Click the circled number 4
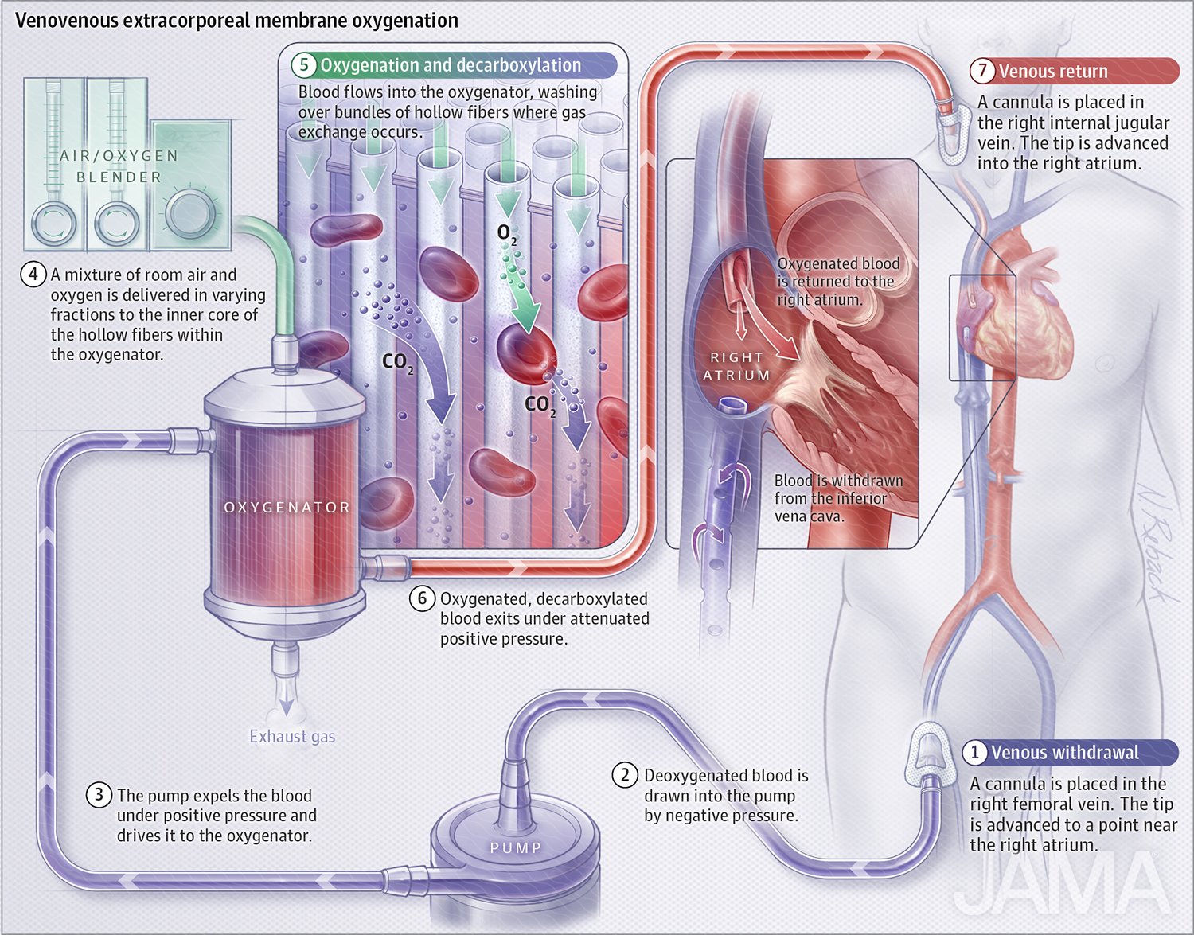pos(33,275)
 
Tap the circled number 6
pos(422,598)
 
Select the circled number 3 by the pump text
pos(98,795)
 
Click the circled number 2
pos(625,775)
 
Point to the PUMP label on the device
pos(515,848)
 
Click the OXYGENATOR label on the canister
pos(287,508)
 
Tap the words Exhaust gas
pos(292,737)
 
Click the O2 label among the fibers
pos(506,233)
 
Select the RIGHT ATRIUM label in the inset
pos(736,366)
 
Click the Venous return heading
pos(1052,72)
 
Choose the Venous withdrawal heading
pos(1064,753)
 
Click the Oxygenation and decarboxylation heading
pos(450,65)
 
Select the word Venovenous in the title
pos(68,21)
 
